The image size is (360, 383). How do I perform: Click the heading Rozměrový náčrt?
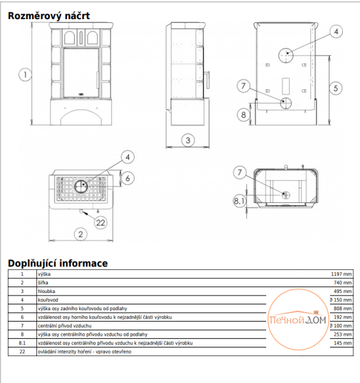point(49,16)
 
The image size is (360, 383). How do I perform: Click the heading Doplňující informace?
point(58,263)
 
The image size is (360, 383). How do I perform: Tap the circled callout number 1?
point(25,75)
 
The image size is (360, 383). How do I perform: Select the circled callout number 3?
point(188,140)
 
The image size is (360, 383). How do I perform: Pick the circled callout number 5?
point(336,88)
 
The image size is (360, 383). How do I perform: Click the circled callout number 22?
point(101,223)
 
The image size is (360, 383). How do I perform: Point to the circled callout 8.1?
point(239,201)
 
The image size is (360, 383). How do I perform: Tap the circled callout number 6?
point(128,178)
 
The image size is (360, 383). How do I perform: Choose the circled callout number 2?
point(80,234)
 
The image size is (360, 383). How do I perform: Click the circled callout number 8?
point(243,114)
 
